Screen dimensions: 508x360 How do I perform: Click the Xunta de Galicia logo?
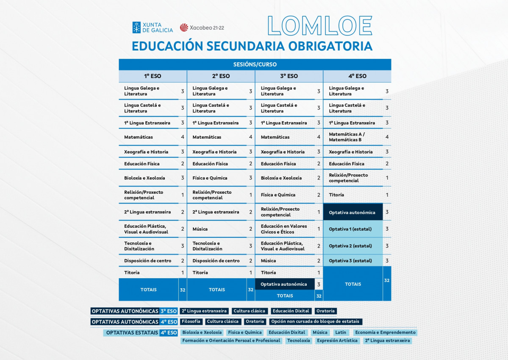tap(153, 28)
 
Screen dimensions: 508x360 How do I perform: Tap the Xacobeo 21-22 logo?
tap(202, 28)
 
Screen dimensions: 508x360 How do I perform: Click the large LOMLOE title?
tap(320, 25)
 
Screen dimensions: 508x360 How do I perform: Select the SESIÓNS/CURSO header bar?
tap(255, 64)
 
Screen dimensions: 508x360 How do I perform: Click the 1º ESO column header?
tap(153, 76)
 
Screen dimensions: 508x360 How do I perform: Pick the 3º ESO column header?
tap(289, 76)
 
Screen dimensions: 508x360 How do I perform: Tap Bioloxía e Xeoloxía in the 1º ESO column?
tap(144, 178)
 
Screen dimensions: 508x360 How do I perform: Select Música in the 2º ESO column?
tap(200, 229)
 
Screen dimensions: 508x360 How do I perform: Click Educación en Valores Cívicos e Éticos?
tap(283, 229)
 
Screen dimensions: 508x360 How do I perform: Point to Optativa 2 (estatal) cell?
tap(350, 246)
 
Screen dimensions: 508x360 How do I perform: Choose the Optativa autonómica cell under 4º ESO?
tap(352, 212)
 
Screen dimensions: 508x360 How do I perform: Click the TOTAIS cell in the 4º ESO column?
tap(353, 284)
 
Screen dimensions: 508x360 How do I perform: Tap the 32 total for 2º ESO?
tap(250, 290)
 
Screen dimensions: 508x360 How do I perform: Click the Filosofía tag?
tap(191, 321)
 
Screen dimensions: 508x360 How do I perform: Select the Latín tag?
tap(340, 332)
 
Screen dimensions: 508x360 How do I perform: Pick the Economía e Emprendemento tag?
tap(385, 332)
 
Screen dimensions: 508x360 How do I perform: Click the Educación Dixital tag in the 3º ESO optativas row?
tap(291, 311)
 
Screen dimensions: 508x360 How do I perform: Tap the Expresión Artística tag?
tap(337, 340)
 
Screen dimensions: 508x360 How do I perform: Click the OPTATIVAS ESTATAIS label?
tap(131, 333)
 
